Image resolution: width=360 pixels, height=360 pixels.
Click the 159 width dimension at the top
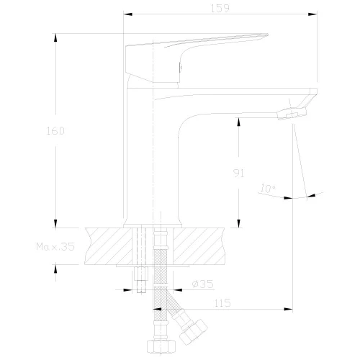220,9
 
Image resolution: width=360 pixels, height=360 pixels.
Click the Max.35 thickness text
55,246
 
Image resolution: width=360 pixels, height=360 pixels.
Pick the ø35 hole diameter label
202,284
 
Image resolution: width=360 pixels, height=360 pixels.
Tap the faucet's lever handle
194,45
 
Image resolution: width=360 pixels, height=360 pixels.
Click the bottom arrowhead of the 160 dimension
55,222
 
